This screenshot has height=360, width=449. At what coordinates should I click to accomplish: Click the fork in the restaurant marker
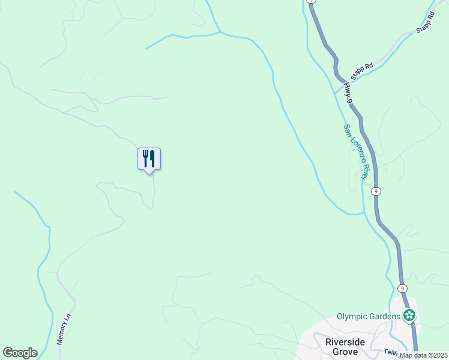pos(145,158)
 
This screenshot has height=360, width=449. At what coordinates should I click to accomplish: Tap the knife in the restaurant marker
pos(152,158)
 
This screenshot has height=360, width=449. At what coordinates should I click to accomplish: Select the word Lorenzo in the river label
pos(355,151)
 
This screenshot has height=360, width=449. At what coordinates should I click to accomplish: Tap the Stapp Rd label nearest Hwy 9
pos(362,71)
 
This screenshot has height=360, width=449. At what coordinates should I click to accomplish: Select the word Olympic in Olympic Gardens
pos(351,316)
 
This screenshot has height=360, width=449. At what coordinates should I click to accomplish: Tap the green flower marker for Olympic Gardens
pos(410,316)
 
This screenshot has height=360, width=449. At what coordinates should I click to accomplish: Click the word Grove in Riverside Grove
pos(346,352)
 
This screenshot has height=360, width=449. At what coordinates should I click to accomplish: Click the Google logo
pos(20,353)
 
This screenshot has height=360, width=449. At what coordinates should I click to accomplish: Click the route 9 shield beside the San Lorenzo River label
pos(375,191)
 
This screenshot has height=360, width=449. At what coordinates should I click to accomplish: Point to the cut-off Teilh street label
pos(393,352)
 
